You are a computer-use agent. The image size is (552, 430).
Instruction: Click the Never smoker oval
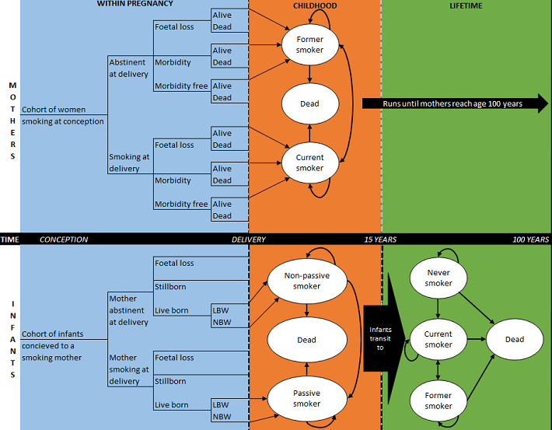tap(438, 278)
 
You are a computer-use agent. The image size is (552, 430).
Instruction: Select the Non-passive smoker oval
tap(306, 280)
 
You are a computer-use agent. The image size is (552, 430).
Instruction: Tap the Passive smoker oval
tap(306, 398)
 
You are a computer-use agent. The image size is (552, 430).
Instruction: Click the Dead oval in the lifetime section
tap(514, 339)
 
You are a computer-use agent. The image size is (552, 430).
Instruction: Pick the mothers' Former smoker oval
tap(309, 44)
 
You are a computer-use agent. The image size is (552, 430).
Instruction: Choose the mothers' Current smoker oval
tap(309, 163)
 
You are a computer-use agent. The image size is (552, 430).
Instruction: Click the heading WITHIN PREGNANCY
tap(135, 5)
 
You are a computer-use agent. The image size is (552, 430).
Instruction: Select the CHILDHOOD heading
tap(315, 5)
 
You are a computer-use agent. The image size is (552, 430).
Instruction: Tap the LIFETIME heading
tap(466, 5)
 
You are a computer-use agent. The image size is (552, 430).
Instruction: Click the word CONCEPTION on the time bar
tap(64, 239)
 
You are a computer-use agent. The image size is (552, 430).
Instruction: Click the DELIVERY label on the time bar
tap(249, 239)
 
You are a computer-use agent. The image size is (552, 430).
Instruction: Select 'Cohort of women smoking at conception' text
tap(63, 115)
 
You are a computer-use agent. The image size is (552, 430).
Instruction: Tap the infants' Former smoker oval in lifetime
tap(438, 400)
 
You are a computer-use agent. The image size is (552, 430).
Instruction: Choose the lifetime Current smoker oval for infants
tap(438, 339)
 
